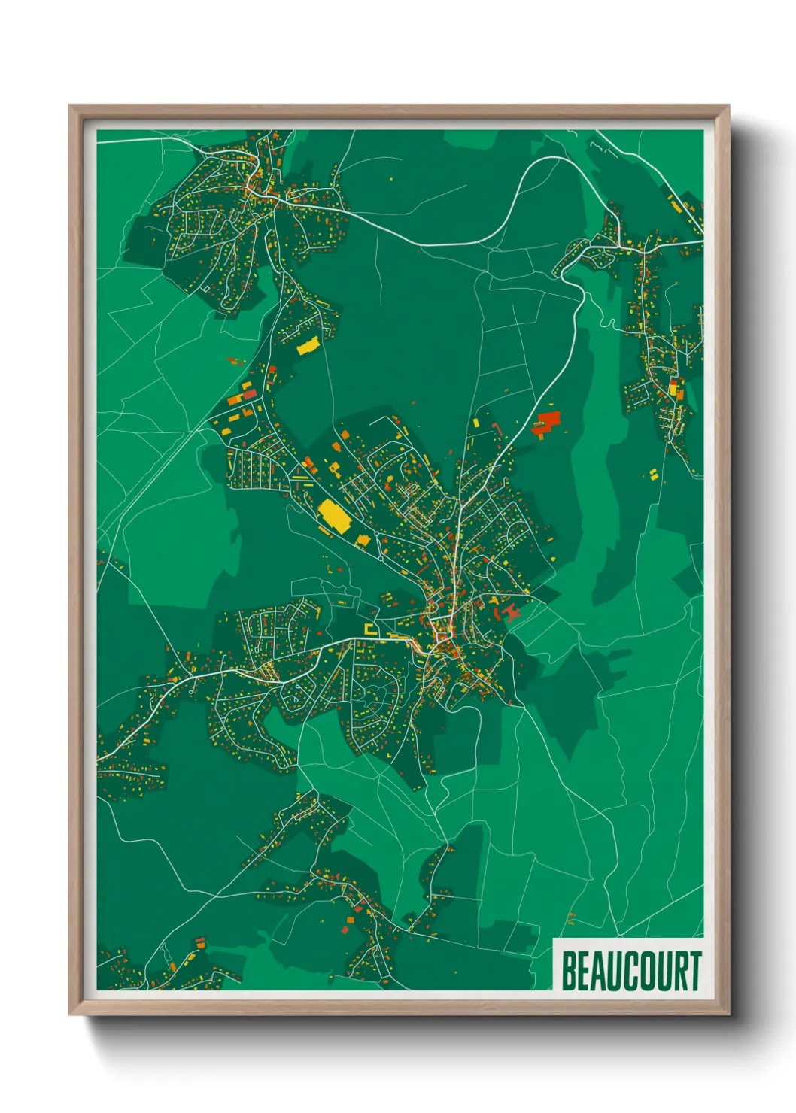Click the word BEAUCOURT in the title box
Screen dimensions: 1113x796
630,971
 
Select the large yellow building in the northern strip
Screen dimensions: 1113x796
308,347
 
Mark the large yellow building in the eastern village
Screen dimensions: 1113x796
673,388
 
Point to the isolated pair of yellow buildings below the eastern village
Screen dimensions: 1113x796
653,473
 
